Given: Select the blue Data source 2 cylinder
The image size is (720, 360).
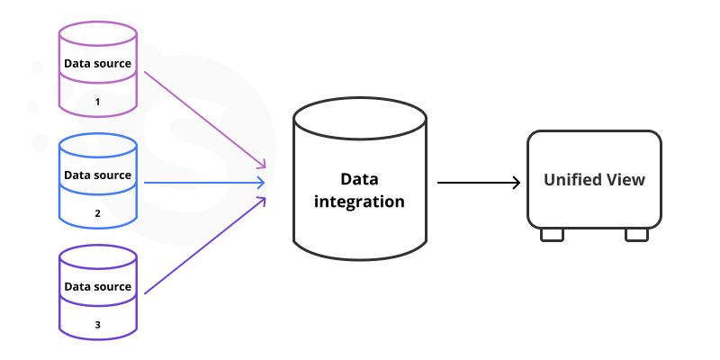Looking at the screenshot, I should click(x=98, y=180).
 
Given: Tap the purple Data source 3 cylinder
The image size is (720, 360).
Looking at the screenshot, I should click(x=98, y=292).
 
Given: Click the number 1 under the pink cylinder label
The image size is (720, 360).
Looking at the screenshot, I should click(x=98, y=103).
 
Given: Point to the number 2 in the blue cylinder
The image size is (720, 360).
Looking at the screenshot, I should click(x=98, y=214).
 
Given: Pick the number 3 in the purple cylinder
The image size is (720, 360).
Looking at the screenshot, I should click(x=98, y=325).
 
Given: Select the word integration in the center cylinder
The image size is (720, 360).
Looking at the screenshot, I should click(x=359, y=202).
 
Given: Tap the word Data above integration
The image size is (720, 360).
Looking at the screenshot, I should click(x=359, y=178).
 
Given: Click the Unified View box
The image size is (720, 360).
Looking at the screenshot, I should click(x=594, y=180).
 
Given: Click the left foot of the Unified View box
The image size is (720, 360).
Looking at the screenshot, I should click(x=552, y=234).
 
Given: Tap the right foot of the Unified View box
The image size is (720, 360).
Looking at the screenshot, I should click(x=636, y=234).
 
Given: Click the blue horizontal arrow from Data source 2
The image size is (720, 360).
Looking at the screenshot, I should click(x=205, y=183).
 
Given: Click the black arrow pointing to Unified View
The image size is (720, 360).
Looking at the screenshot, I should click(x=477, y=183).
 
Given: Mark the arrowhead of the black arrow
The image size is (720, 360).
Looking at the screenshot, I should click(x=516, y=183).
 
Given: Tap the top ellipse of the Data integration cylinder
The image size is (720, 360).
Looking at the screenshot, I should click(x=359, y=116).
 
